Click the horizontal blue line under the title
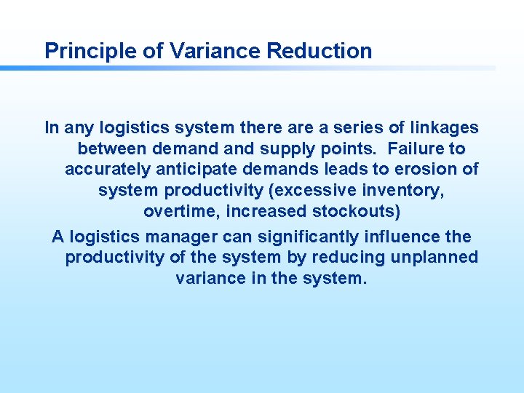(x=247, y=68)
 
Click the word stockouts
(x=357, y=213)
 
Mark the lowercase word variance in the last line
(x=209, y=279)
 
